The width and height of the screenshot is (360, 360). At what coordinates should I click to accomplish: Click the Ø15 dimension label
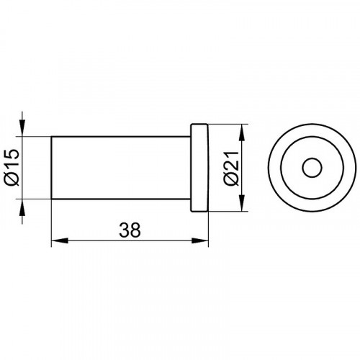(x=12, y=167)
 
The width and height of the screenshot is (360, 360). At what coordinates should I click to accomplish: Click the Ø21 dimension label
(x=231, y=168)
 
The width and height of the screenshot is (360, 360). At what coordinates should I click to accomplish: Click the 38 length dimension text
(x=130, y=230)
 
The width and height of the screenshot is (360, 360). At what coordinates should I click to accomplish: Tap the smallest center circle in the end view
(x=312, y=168)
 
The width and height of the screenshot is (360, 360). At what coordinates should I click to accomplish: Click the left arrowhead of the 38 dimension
(x=60, y=240)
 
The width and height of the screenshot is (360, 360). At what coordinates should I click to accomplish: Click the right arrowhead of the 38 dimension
(x=199, y=240)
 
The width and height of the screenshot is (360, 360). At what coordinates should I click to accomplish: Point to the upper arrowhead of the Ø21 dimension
(x=242, y=132)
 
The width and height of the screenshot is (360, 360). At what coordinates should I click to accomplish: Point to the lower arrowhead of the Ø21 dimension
(x=242, y=203)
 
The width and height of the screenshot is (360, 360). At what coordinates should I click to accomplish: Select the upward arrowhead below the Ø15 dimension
(x=22, y=207)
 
